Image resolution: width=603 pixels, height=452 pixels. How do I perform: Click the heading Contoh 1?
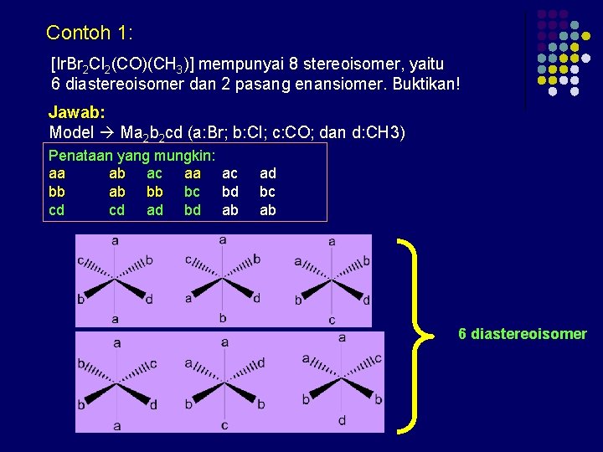coord(90,33)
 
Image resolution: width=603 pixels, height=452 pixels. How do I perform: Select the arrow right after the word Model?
coord(107,132)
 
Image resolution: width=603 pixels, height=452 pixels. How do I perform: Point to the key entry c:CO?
coord(300,132)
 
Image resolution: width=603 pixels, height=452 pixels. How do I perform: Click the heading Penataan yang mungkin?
coord(132,156)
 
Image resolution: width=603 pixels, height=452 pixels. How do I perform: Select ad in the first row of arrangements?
coord(268,173)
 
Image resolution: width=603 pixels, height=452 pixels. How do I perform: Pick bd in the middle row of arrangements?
coord(229,192)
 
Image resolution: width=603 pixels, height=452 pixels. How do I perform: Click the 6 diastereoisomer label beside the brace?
coord(522,334)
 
